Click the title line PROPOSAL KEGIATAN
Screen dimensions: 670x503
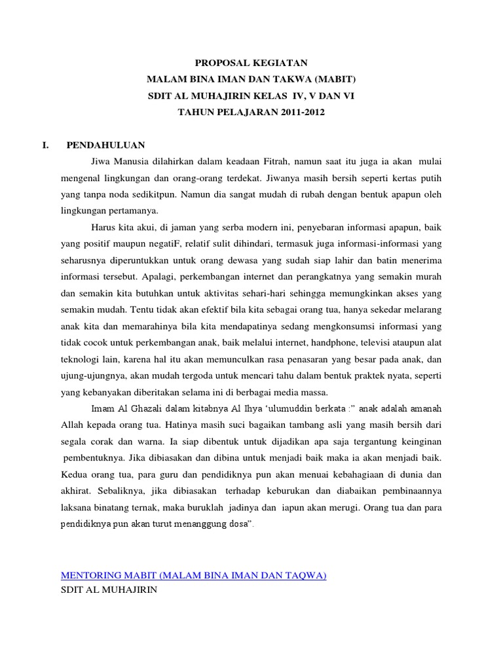251,63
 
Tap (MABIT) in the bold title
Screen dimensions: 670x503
334,79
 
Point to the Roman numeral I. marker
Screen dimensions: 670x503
45,145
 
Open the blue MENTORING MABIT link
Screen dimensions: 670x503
193,576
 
